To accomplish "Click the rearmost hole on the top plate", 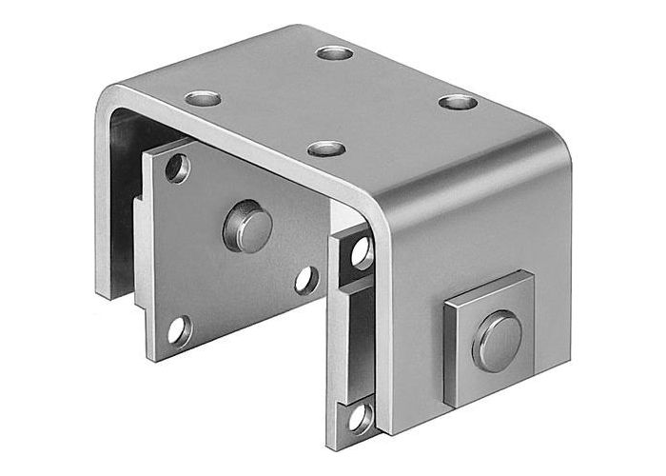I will tap(335, 52).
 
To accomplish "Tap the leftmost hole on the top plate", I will tap(203, 97).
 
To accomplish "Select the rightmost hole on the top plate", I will tap(458, 101).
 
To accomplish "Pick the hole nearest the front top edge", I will tap(326, 149).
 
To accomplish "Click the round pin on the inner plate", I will tap(247, 226).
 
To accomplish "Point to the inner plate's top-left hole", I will tap(178, 169).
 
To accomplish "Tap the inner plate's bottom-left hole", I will tap(178, 330).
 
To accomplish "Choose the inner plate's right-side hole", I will tap(305, 279).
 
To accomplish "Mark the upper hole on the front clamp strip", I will tap(361, 251).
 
